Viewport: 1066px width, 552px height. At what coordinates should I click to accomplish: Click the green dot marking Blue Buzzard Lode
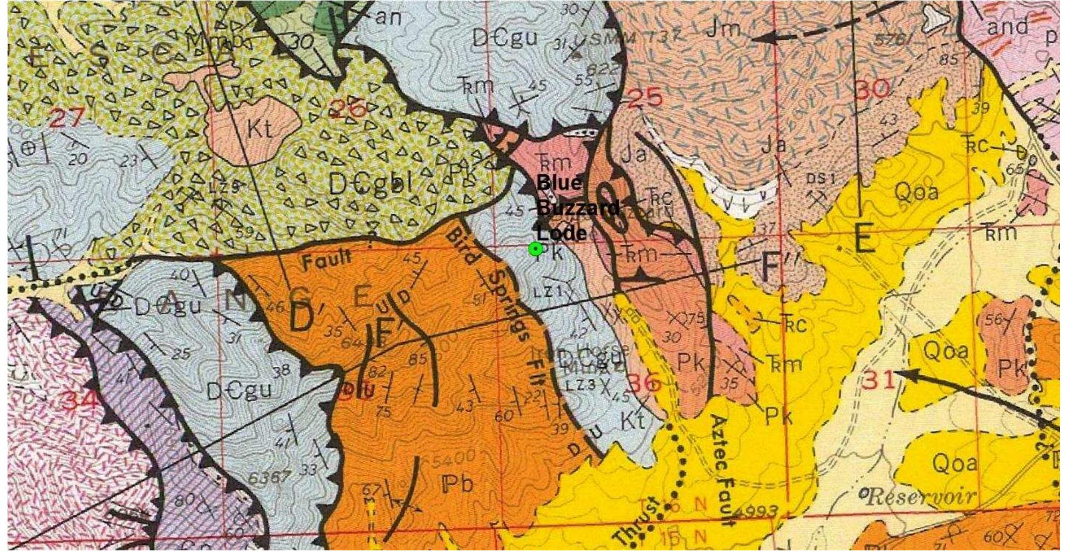535,249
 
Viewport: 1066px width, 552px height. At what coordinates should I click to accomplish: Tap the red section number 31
878,381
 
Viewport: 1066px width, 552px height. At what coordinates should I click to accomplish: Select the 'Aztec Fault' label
723,469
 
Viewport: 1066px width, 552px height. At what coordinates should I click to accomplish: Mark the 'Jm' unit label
724,28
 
